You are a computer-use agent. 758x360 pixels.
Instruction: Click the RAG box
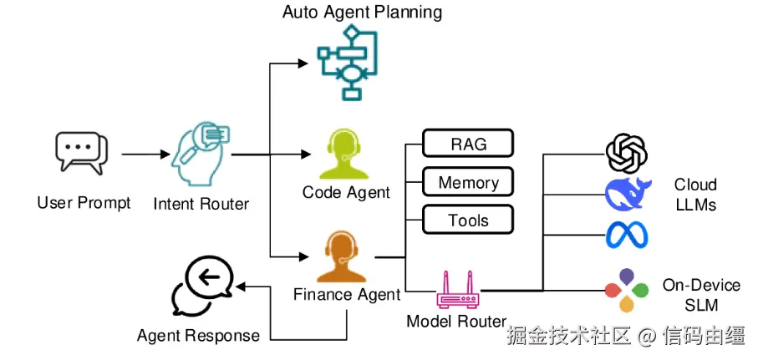click(468, 144)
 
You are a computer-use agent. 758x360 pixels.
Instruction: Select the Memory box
click(468, 182)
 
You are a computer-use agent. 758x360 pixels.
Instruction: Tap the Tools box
click(468, 220)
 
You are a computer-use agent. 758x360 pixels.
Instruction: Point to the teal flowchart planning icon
click(348, 62)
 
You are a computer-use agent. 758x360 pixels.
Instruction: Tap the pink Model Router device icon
click(456, 292)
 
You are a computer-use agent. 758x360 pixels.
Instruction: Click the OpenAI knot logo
click(627, 152)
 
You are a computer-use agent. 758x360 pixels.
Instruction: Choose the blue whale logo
click(628, 194)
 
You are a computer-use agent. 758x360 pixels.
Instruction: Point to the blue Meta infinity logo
click(628, 235)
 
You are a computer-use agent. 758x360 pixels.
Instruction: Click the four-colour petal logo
click(628, 290)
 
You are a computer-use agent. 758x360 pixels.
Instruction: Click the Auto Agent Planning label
click(362, 13)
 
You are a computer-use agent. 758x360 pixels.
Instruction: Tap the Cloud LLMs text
click(695, 194)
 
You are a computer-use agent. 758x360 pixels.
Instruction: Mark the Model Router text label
click(456, 322)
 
